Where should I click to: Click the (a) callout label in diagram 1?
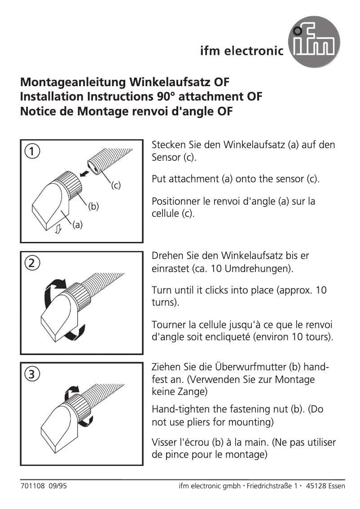pyautogui.click(x=78, y=226)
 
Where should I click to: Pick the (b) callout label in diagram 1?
pyautogui.click(x=93, y=206)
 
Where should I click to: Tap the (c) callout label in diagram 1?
pyautogui.click(x=116, y=185)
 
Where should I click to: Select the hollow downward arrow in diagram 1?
pyautogui.click(x=57, y=230)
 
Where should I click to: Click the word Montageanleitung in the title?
pyautogui.click(x=73, y=83)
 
